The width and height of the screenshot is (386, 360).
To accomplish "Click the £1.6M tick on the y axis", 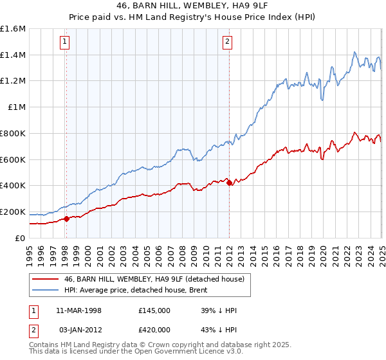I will coord(14,29).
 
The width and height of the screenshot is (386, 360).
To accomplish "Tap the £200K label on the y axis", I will coord(13,212).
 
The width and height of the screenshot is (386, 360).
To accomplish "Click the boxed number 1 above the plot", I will coord(65,42).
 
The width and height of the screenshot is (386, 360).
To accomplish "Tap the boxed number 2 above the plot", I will coord(228,42).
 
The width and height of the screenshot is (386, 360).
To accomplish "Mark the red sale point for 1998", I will coord(66,219).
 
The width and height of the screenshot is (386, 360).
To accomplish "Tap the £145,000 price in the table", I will coord(154,310).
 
